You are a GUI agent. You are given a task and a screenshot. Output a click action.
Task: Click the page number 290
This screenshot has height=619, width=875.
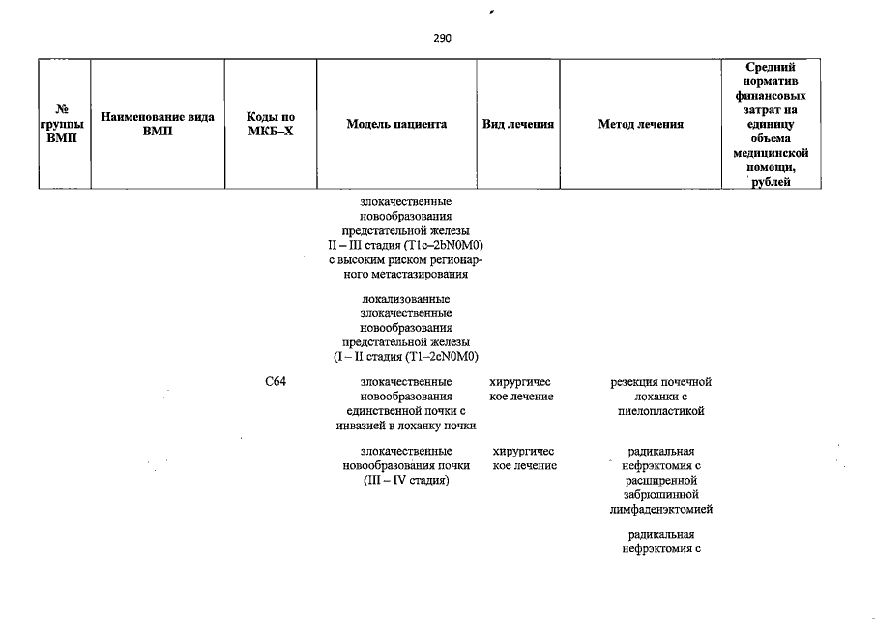(x=443, y=39)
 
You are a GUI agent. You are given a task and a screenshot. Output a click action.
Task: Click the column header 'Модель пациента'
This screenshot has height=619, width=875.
(x=397, y=125)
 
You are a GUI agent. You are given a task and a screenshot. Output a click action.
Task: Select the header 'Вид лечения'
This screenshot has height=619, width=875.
(x=518, y=125)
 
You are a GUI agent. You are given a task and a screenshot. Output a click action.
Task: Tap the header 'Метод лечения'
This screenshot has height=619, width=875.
(x=641, y=125)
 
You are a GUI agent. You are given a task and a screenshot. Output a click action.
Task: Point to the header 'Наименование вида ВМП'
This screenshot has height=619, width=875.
(x=158, y=124)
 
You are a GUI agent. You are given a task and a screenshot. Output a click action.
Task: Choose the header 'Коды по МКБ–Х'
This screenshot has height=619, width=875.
(x=271, y=124)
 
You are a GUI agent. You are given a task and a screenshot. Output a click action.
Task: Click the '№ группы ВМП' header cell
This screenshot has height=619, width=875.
(x=64, y=124)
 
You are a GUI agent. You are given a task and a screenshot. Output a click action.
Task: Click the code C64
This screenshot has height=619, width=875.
(x=276, y=382)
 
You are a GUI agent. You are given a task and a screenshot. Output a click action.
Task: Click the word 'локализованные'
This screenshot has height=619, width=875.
(x=405, y=299)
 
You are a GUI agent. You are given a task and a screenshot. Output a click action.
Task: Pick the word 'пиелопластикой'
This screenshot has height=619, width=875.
(x=660, y=411)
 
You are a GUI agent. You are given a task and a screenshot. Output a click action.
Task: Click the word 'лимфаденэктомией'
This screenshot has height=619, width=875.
(x=661, y=509)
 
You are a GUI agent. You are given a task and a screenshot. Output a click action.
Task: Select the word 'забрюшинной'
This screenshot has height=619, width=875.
(x=661, y=494)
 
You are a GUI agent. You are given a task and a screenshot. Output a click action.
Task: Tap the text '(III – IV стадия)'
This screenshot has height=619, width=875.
(x=405, y=481)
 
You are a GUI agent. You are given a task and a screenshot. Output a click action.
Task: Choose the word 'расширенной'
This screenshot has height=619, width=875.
(x=661, y=480)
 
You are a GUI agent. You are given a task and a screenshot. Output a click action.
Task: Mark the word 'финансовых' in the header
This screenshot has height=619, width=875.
(x=771, y=97)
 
